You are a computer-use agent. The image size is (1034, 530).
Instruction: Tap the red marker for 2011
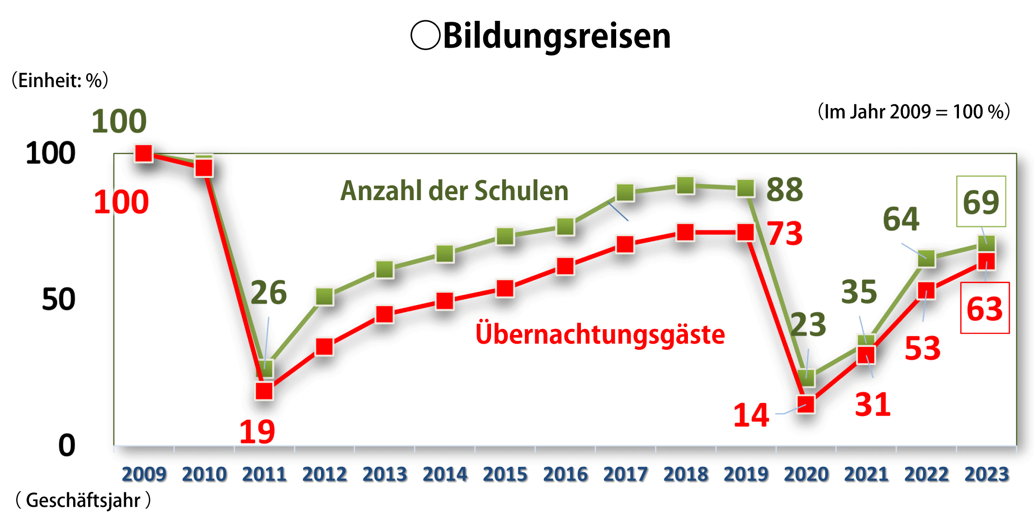point(265,391)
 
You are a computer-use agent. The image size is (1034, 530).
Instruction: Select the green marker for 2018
point(686,186)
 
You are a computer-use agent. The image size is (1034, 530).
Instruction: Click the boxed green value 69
point(981,202)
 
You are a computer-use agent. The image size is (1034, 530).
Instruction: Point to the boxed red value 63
point(984,309)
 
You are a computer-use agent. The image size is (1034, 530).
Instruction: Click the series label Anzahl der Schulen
point(454,191)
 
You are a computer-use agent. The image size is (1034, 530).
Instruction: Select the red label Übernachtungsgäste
point(600,334)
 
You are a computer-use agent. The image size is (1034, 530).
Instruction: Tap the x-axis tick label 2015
point(505,474)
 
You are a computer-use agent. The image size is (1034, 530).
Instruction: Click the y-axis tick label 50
point(58,300)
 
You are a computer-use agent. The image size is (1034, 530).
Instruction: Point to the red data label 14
point(751,415)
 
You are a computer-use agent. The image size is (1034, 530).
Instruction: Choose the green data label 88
point(785,190)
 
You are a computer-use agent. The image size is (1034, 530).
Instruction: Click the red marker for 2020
point(806,404)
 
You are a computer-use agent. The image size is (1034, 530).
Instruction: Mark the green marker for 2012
point(325,297)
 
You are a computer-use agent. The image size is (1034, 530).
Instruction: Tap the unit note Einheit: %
point(60,81)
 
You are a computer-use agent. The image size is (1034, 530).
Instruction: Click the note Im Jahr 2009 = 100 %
point(914,112)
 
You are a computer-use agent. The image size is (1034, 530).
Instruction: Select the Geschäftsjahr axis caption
point(83,500)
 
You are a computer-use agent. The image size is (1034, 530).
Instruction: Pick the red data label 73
point(785,233)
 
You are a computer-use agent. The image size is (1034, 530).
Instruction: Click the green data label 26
point(269,293)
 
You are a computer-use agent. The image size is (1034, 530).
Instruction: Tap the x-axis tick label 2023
point(987,474)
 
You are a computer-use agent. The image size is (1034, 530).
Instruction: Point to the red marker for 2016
point(565,266)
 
